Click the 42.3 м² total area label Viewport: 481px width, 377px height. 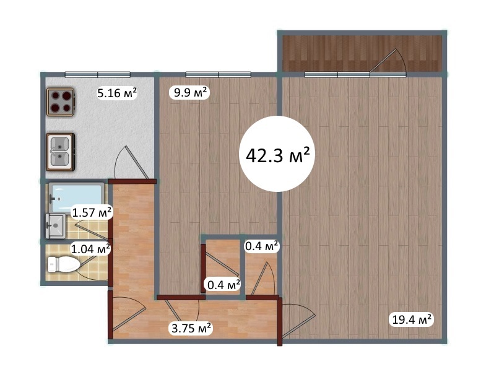277,155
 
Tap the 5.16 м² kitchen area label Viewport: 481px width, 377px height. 117,93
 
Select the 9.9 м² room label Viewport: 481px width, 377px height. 189,92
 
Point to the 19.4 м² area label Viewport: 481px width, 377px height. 412,319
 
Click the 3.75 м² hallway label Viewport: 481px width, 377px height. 191,328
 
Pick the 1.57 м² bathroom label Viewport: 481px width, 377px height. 92,212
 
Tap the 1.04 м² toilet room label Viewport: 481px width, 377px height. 90,249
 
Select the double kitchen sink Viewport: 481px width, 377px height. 61,152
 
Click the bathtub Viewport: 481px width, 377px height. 77,198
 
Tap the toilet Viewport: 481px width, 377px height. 64,264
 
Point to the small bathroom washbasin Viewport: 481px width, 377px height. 56,226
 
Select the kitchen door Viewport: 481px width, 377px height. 132,163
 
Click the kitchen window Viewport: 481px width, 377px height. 98,74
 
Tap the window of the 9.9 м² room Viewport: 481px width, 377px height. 219,74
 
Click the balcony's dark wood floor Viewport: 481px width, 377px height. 362,53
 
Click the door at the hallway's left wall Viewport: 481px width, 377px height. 129,314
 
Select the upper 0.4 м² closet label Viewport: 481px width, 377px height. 262,246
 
